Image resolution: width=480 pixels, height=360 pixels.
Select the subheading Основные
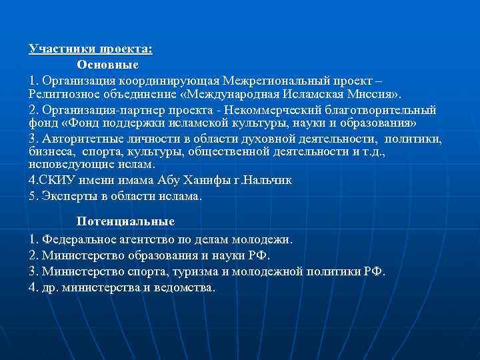click(107, 65)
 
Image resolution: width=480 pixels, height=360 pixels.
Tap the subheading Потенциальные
click(125, 221)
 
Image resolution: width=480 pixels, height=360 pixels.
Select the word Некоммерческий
click(270, 110)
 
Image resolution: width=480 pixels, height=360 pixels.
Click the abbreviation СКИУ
click(56, 180)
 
